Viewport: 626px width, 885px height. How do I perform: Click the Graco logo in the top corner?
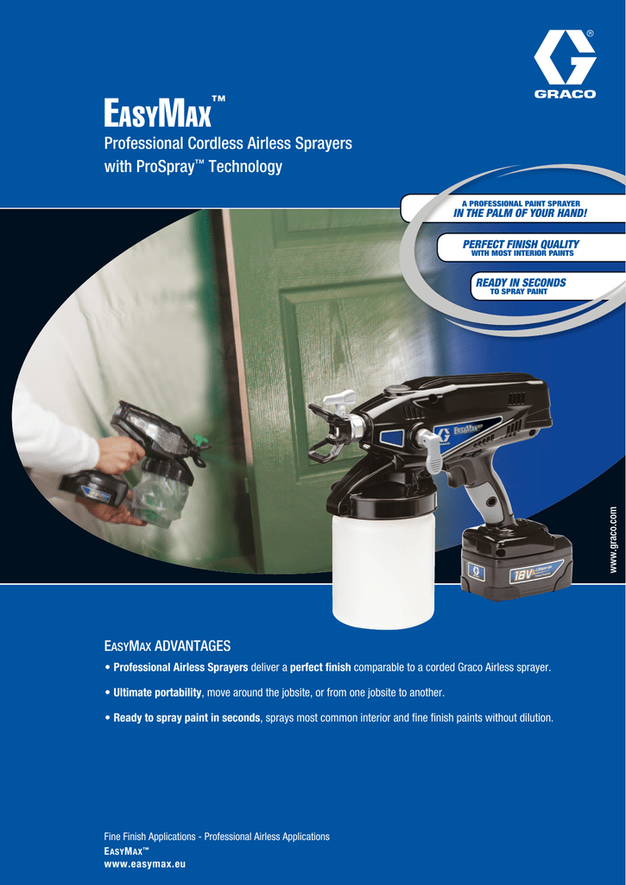565,64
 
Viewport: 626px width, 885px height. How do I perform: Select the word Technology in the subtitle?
245,167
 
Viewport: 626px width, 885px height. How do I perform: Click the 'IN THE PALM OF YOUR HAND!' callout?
520,213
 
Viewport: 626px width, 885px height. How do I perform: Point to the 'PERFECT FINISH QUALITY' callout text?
521,244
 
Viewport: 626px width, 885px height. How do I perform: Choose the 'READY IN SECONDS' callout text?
521,283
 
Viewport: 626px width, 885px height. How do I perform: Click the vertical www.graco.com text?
614,540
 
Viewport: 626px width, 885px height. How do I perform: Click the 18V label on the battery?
520,576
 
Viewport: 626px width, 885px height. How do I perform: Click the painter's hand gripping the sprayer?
120,455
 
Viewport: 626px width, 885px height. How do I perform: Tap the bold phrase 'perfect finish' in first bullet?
320,667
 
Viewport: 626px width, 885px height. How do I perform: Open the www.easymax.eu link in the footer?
145,864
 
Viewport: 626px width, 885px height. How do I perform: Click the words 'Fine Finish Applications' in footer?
149,837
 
